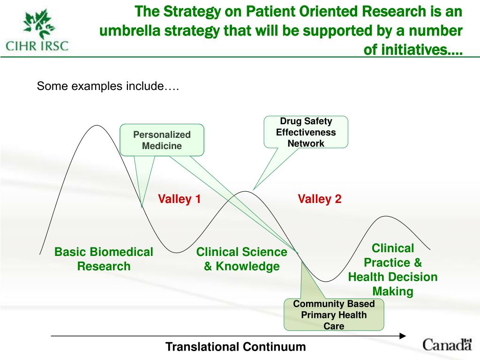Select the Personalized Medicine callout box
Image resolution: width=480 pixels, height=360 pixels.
pyautogui.click(x=162, y=140)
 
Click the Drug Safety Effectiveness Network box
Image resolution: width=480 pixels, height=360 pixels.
pyautogui.click(x=306, y=132)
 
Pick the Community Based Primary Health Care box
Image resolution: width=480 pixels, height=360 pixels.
pyautogui.click(x=334, y=315)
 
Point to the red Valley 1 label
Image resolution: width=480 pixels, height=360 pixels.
pyautogui.click(x=180, y=199)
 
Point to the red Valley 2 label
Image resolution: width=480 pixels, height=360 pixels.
pyautogui.click(x=320, y=199)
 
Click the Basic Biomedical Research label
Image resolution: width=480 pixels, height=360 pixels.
pyautogui.click(x=104, y=259)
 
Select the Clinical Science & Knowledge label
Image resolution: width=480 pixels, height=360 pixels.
pyautogui.click(x=241, y=259)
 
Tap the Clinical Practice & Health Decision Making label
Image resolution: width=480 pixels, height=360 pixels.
pyautogui.click(x=393, y=270)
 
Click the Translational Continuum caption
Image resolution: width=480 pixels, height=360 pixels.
pyautogui.click(x=235, y=347)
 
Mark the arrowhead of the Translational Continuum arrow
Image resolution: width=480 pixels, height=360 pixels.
pyautogui.click(x=402, y=336)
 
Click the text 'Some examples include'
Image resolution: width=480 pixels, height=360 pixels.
pyautogui.click(x=108, y=86)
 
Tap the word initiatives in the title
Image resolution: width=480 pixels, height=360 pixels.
pyautogui.click(x=412, y=49)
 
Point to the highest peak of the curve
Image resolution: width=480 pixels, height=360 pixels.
pyautogui.click(x=97, y=126)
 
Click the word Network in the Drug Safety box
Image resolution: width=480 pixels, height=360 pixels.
pyautogui.click(x=306, y=143)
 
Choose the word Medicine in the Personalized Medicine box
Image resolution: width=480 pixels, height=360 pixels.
pyautogui.click(x=162, y=146)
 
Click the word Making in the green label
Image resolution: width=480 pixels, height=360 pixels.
pyautogui.click(x=393, y=292)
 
